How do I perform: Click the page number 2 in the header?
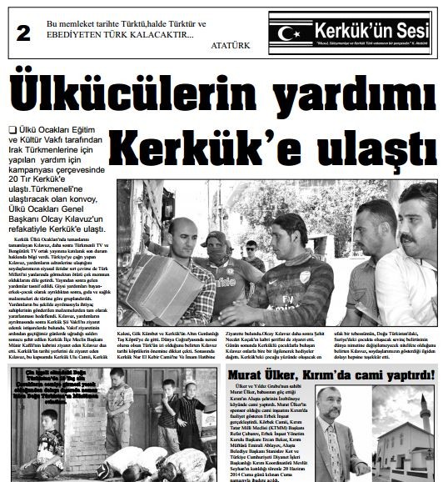click(x=22, y=33)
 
